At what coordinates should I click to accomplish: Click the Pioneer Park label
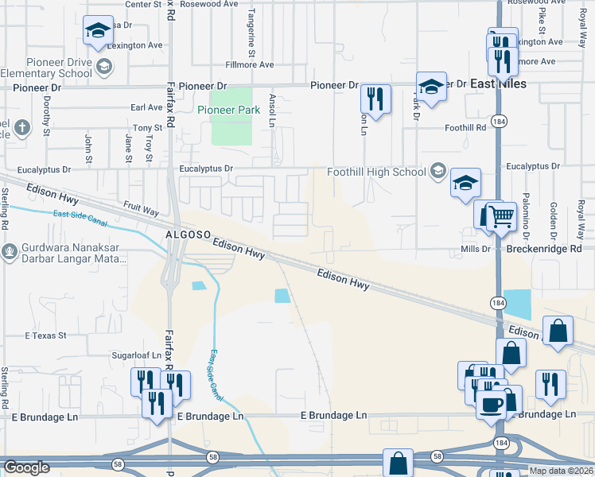coord(228,110)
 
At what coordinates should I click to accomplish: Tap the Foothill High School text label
coord(376,172)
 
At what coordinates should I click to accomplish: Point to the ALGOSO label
coord(187,236)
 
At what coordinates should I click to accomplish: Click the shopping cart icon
coord(501,215)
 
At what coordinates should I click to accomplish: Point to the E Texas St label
coord(45,336)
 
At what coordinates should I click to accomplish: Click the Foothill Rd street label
coord(465,127)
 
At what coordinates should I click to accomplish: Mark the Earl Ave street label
coord(146,107)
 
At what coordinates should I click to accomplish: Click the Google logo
coord(26,467)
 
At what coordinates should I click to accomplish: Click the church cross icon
coord(22,126)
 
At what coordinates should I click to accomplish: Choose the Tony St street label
coord(147,128)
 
